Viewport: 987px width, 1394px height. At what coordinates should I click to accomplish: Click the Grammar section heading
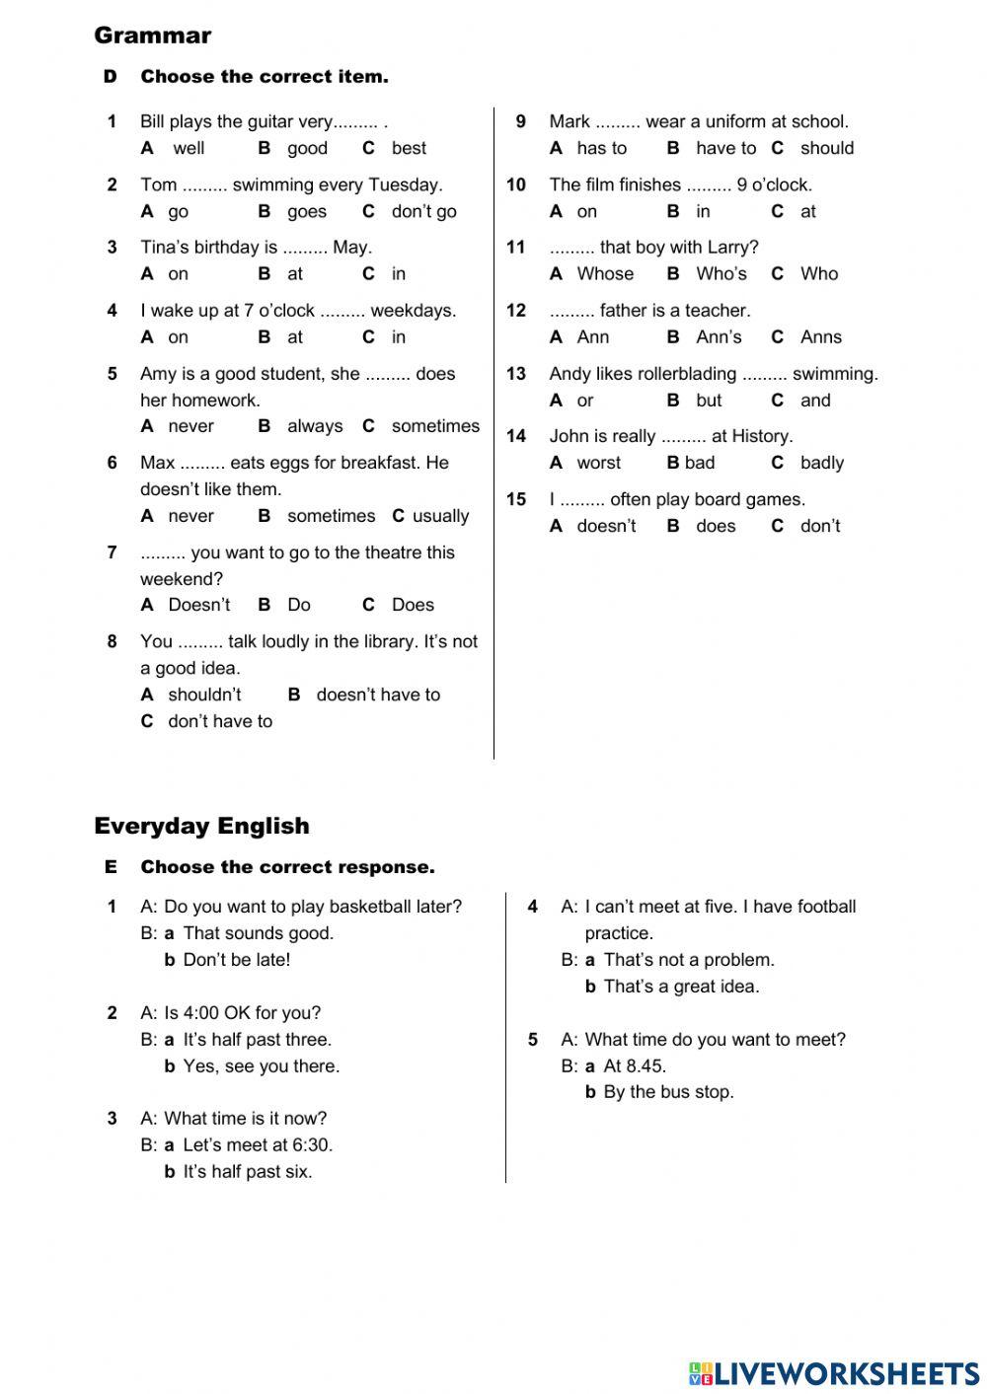coord(152,36)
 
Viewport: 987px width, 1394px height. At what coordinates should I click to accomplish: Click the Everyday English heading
coord(201,826)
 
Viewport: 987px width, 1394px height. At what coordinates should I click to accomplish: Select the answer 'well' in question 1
coord(189,148)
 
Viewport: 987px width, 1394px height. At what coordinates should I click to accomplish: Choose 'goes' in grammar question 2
coord(306,211)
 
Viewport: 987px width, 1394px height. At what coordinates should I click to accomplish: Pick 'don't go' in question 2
coord(423,211)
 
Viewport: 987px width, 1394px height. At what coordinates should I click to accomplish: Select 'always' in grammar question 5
coord(315,426)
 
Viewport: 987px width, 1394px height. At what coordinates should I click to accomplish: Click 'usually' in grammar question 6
coord(440,516)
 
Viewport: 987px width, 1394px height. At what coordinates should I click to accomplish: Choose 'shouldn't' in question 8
coord(204,695)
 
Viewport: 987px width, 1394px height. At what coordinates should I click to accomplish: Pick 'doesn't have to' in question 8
coord(378,695)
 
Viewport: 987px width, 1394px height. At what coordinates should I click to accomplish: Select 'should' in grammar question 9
coord(827,148)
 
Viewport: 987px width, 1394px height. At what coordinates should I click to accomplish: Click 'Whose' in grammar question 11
coord(605,273)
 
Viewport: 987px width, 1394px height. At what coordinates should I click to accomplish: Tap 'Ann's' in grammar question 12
coord(719,336)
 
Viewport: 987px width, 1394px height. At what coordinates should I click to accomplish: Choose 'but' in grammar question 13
coord(709,401)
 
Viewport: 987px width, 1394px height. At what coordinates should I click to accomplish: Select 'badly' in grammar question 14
coord(822,463)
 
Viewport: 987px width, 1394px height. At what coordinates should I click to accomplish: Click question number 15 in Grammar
coord(516,499)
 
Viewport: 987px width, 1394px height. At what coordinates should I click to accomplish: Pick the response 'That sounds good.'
coord(259,933)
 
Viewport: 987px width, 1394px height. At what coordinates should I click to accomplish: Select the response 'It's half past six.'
coord(247,1172)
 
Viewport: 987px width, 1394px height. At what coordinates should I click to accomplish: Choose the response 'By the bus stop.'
coord(668,1092)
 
